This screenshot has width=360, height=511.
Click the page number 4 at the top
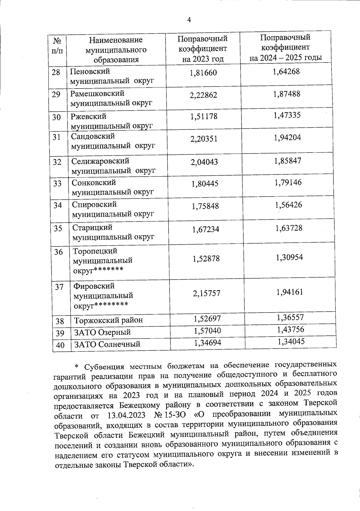pos(189,20)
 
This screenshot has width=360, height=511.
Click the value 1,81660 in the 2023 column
pos(203,73)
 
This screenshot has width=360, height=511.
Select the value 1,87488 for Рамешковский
pos(286,94)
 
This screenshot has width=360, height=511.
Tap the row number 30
pos(56,117)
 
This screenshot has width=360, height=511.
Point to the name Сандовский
pos(93,136)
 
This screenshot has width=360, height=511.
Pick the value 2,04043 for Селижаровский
pos(204,162)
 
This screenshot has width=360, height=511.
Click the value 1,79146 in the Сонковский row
pos(288,182)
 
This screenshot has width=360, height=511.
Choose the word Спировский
pos(94,204)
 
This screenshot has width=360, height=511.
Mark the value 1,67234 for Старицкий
pos(205,229)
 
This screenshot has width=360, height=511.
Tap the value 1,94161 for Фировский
pos(289,292)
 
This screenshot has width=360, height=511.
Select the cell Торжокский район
pos(109,320)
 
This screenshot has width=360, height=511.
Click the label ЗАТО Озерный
pos(103,332)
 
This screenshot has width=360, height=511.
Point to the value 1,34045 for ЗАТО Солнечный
pos(291,341)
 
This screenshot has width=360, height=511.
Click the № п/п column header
pos(57,45)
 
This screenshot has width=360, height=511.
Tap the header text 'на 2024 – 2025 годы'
pos(286,57)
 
